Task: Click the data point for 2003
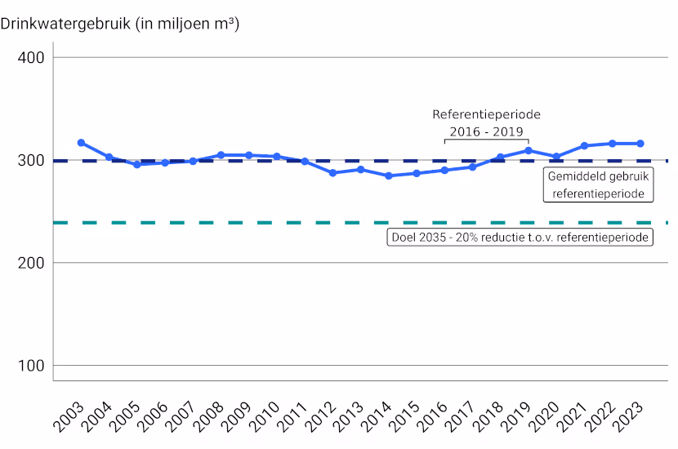pyautogui.click(x=81, y=143)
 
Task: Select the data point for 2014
pyautogui.click(x=389, y=176)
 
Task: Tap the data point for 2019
pyautogui.click(x=529, y=150)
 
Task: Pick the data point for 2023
pyautogui.click(x=640, y=144)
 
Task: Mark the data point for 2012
pyautogui.click(x=332, y=173)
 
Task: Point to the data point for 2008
pyautogui.click(x=221, y=154)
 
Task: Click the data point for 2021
pyautogui.click(x=584, y=146)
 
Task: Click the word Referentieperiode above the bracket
pyautogui.click(x=486, y=114)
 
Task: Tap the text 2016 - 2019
pyautogui.click(x=486, y=131)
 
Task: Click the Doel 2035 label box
pyautogui.click(x=519, y=238)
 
